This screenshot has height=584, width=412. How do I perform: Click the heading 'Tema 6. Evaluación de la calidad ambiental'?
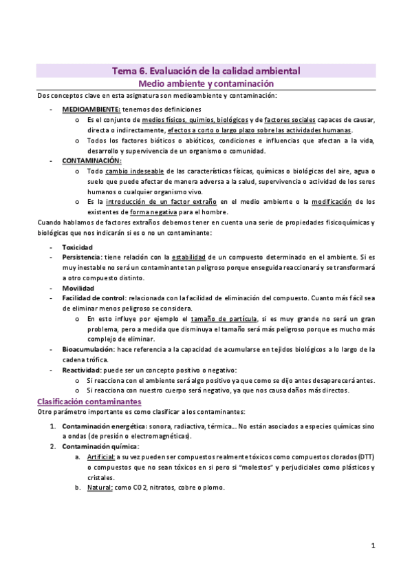(206, 70)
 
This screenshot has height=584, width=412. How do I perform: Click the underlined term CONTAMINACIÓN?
(91, 160)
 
